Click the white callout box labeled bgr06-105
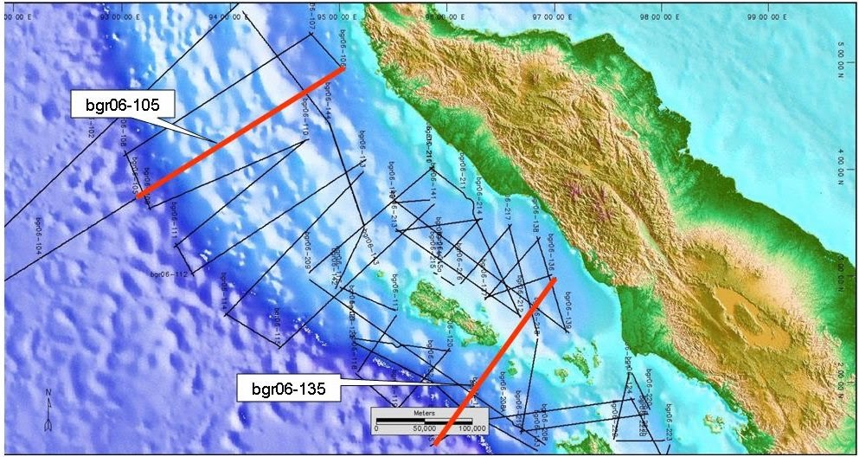[124, 106]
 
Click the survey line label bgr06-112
[169, 274]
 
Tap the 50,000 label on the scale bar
[425, 428]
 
